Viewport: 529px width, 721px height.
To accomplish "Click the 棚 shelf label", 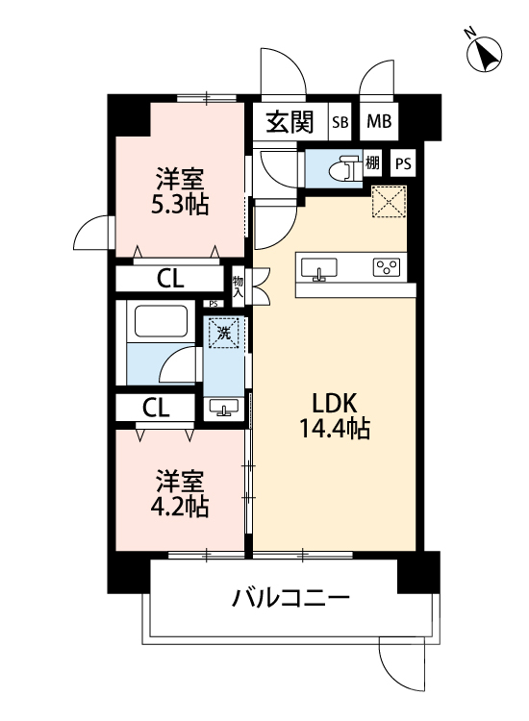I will click(x=373, y=163).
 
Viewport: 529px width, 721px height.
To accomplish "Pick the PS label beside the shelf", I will click(x=403, y=163).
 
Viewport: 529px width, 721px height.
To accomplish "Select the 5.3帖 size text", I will click(x=180, y=204).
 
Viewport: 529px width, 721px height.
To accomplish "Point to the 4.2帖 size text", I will click(x=180, y=507).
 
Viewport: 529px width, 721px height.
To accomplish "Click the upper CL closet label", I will click(x=171, y=279).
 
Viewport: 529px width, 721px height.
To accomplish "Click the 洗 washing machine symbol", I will click(x=223, y=335).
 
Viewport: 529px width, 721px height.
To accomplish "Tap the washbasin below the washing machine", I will click(x=225, y=410).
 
